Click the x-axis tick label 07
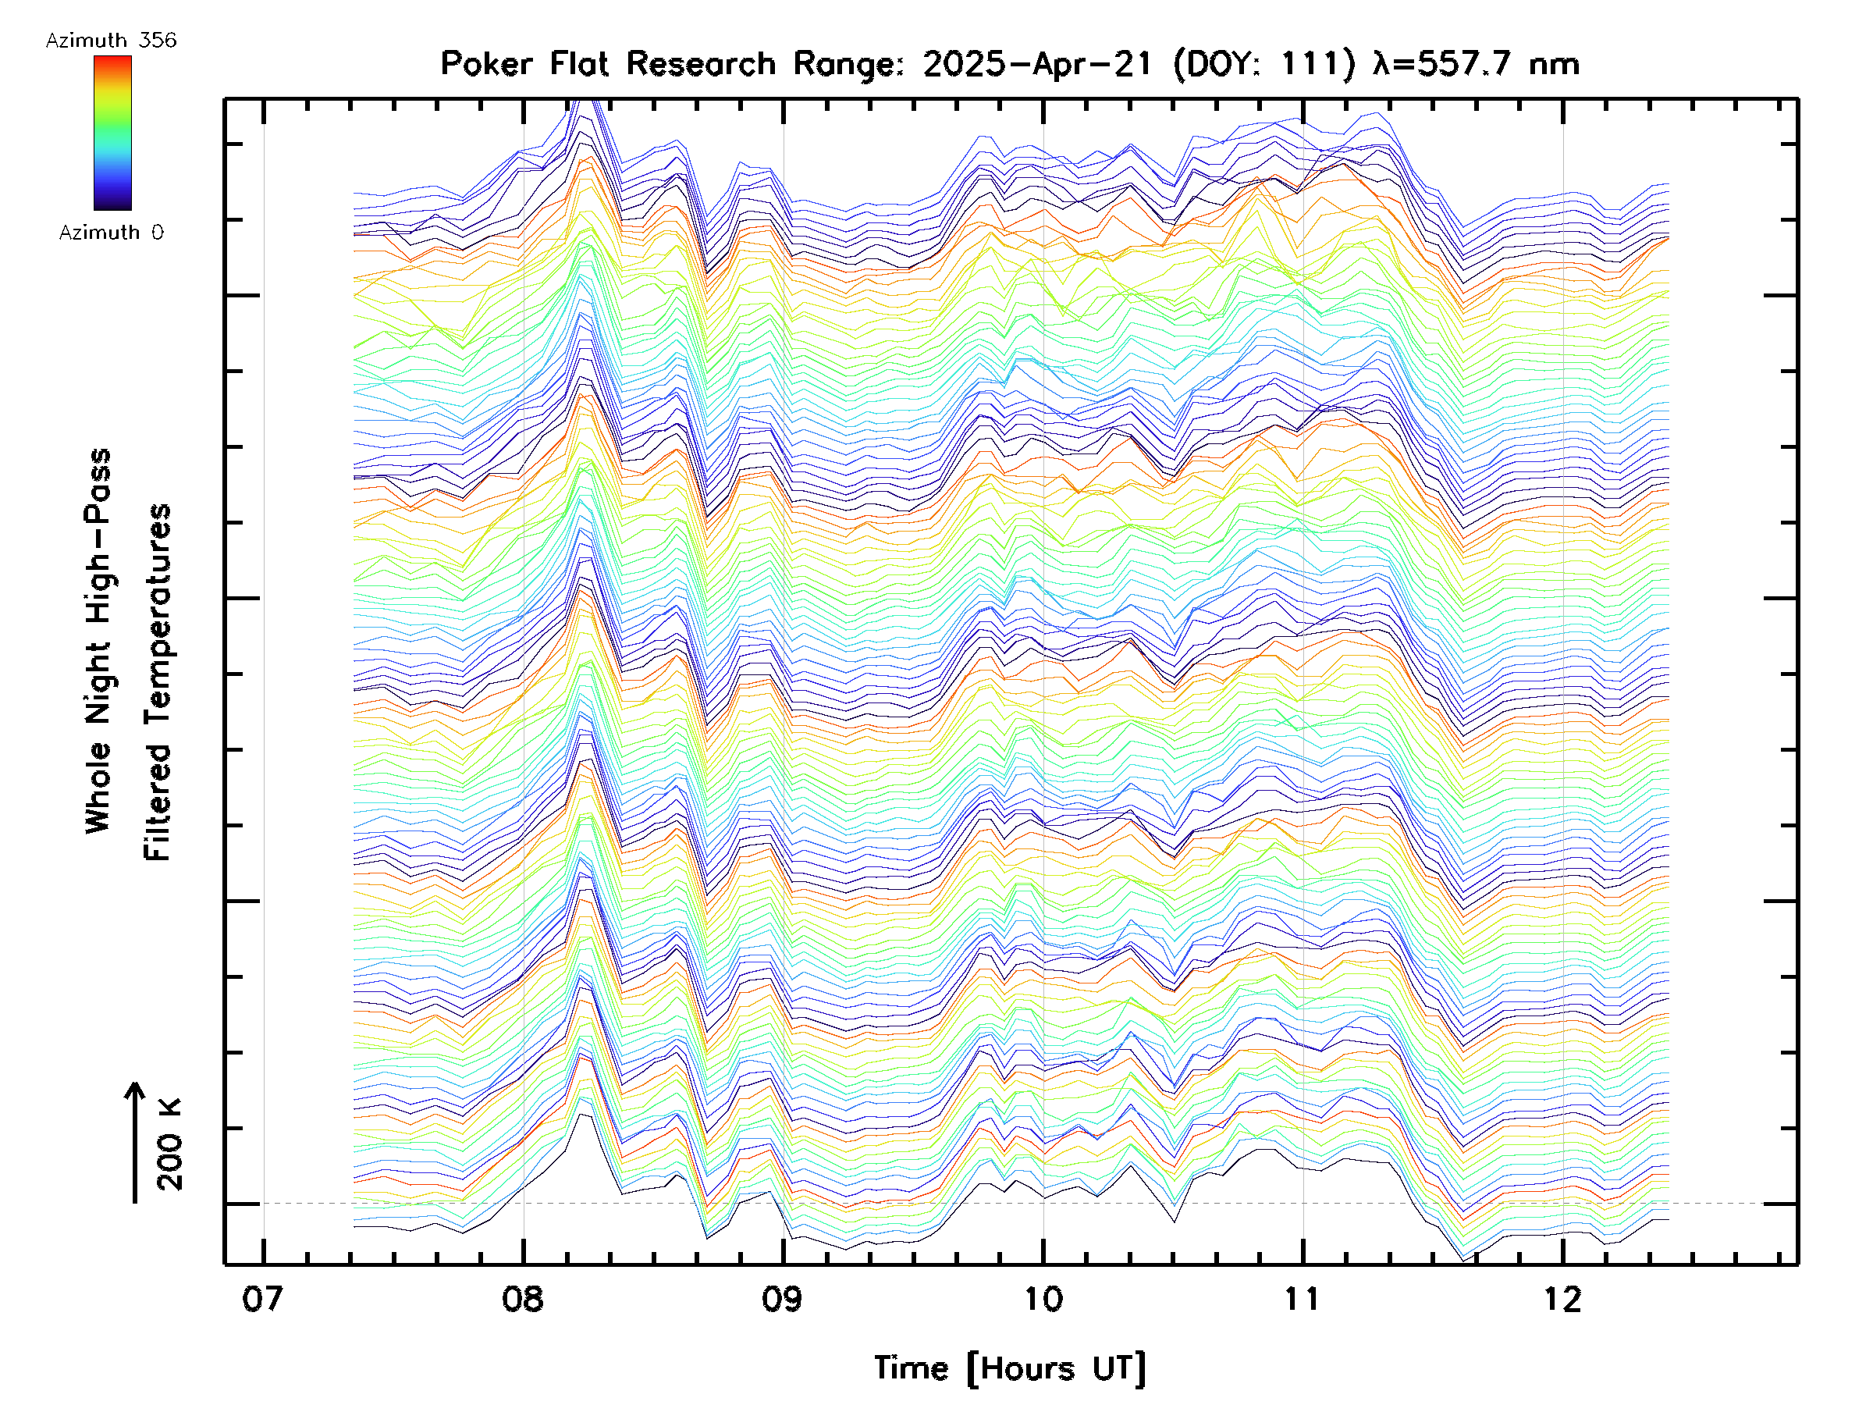tap(261, 1299)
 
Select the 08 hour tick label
tap(522, 1299)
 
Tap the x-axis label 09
tap(783, 1299)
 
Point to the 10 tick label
tap(1043, 1299)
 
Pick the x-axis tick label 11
tap(1303, 1299)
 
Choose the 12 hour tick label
tap(1562, 1299)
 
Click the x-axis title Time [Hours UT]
tap(1010, 1368)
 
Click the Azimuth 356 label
tap(111, 41)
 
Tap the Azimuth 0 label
tap(111, 232)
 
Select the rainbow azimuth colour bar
tap(112, 133)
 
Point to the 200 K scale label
tap(170, 1145)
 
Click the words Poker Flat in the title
tap(524, 63)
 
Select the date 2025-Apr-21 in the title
tap(1038, 63)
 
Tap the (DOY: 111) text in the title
tap(1265, 63)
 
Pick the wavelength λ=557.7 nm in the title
tap(1476, 63)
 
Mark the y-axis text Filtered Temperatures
tap(158, 683)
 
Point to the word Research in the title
tap(701, 63)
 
